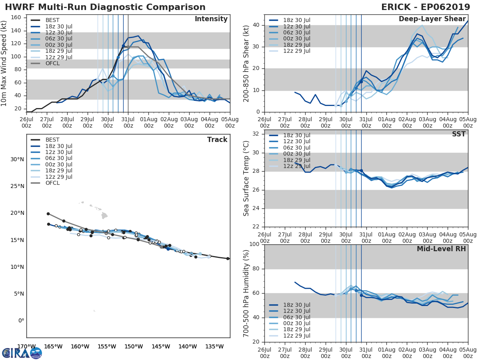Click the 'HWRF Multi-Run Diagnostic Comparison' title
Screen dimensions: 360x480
point(105,7)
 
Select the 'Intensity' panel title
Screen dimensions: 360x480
point(211,19)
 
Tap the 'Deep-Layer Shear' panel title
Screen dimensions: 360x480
point(432,19)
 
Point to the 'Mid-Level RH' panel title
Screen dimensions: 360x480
point(441,249)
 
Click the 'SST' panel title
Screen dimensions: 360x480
point(459,134)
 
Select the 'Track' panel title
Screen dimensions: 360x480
point(217,140)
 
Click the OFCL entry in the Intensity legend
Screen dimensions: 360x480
point(53,64)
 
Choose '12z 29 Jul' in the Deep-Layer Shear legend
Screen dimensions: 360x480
point(296,51)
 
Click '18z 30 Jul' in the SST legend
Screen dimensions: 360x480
point(296,136)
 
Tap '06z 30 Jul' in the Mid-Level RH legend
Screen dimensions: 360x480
point(296,317)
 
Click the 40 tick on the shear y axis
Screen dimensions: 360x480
point(257,25)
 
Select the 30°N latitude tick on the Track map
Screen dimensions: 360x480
point(17,160)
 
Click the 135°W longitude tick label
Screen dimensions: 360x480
point(214,346)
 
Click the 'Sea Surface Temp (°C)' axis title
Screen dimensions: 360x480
point(246,178)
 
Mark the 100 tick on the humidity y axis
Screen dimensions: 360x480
point(254,244)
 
